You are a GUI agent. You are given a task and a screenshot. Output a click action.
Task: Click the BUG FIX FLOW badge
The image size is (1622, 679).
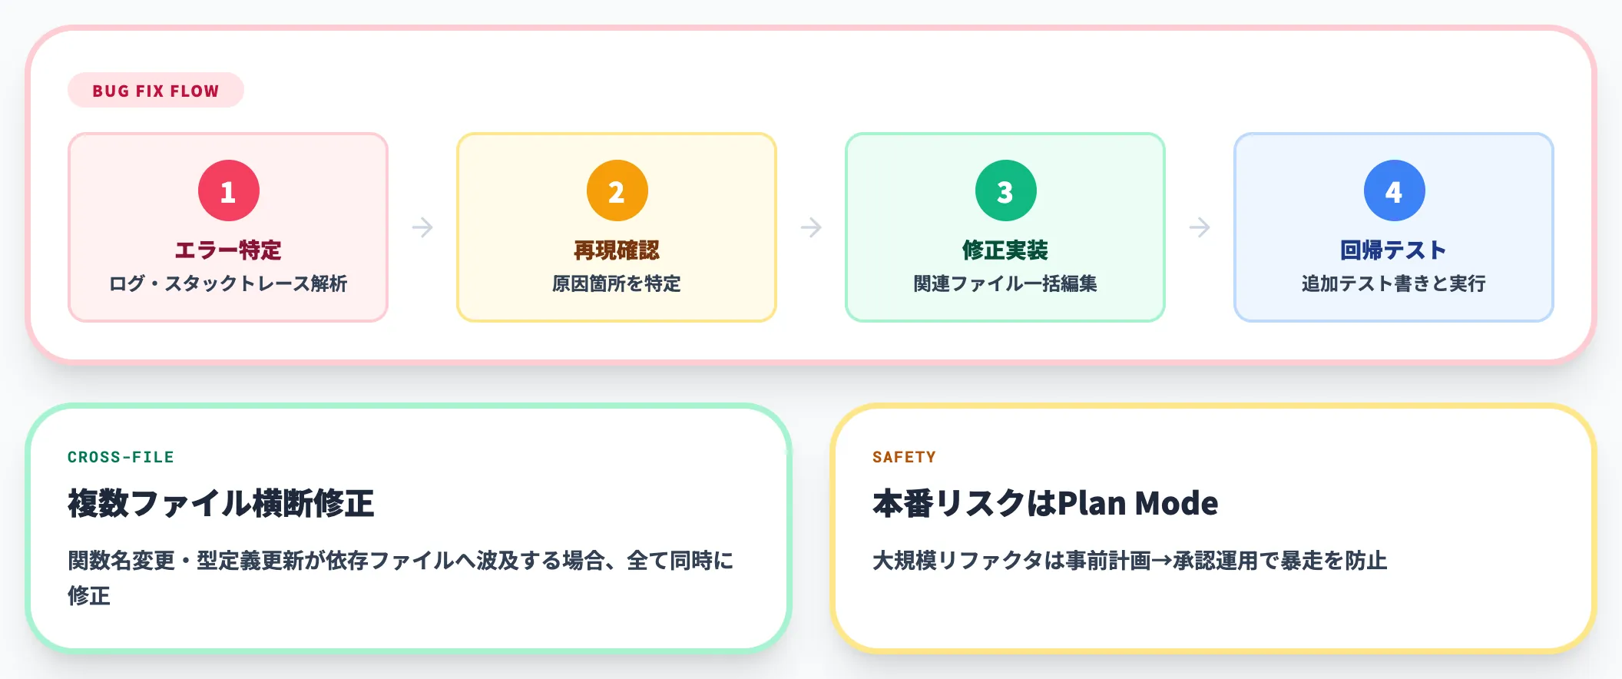click(156, 91)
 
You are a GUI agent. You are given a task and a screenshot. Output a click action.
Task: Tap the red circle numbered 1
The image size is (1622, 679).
click(229, 190)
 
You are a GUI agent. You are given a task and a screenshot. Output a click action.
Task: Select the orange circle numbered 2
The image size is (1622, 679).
click(617, 190)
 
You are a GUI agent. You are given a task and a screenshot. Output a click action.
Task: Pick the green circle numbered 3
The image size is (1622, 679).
click(1006, 190)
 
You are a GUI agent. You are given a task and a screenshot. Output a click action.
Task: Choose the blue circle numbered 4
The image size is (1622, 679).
click(1395, 190)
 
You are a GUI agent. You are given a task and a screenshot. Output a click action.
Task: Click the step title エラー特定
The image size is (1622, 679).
click(228, 250)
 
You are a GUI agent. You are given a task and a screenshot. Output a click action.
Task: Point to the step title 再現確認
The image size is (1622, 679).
click(617, 250)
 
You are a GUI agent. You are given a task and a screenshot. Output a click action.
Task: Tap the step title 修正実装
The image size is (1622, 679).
click(1005, 250)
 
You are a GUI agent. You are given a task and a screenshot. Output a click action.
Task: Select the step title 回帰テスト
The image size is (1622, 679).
click(1394, 250)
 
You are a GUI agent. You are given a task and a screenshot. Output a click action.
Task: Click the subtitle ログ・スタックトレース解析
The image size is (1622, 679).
click(228, 283)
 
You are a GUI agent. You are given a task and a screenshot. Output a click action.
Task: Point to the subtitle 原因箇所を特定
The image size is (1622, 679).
click(617, 283)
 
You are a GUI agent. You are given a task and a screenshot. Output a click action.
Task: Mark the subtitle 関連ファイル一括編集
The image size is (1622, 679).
click(1005, 283)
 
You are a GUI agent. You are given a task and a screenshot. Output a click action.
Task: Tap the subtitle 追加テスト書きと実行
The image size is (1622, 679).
click(1394, 283)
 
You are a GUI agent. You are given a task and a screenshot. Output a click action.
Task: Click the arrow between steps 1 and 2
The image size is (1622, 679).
click(422, 227)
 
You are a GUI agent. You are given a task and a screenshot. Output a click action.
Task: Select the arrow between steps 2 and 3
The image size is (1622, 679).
click(811, 227)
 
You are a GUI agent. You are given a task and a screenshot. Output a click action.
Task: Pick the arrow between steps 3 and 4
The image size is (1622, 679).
click(1200, 227)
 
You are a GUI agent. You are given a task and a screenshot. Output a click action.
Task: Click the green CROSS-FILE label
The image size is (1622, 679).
click(121, 457)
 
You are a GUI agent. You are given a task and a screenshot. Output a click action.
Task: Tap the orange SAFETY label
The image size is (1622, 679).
click(904, 457)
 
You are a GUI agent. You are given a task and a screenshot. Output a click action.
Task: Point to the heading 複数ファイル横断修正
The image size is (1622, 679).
click(221, 504)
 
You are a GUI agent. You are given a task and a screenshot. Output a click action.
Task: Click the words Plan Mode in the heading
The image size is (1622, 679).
click(1137, 504)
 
